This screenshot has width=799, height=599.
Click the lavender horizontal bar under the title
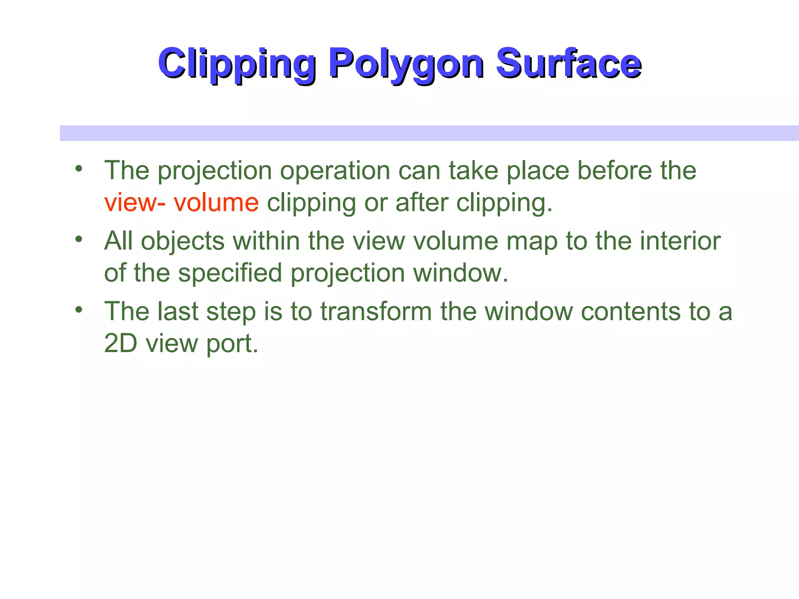click(x=429, y=133)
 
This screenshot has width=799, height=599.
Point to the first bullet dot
click(x=79, y=169)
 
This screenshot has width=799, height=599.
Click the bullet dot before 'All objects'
click(x=79, y=239)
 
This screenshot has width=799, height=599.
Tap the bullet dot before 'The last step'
click(x=79, y=310)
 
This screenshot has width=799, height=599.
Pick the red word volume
click(x=216, y=203)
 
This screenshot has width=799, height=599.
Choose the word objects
click(x=183, y=241)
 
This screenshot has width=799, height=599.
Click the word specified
click(x=230, y=273)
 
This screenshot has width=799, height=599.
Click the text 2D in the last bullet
click(x=121, y=344)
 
